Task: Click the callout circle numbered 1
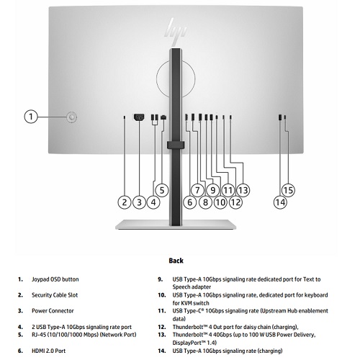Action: [31, 117]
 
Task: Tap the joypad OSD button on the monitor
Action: [72, 117]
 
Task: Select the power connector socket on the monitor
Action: [139, 117]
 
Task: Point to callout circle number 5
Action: [162, 190]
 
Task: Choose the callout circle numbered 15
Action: [288, 190]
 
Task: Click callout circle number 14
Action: [280, 202]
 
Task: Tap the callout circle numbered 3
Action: [140, 202]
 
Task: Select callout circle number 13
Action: [243, 190]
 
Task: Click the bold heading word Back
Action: [176, 261]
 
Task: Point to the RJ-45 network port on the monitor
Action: [163, 117]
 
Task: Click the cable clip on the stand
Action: [176, 145]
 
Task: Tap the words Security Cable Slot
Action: [55, 295]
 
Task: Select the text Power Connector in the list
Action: [53, 311]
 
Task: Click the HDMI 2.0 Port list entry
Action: [49, 351]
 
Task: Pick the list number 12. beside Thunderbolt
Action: [162, 327]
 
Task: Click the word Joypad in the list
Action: [39, 279]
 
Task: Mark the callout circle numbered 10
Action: [220, 202]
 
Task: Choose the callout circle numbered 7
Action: [197, 190]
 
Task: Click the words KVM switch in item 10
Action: [194, 303]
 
